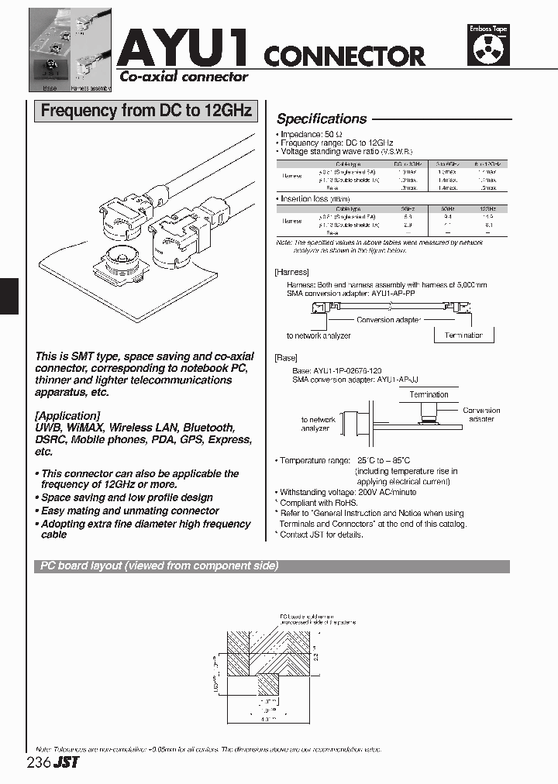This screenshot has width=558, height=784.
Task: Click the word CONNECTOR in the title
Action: click(x=344, y=56)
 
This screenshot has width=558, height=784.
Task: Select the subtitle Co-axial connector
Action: click(x=183, y=77)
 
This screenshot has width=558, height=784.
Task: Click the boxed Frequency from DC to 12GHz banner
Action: click(x=146, y=111)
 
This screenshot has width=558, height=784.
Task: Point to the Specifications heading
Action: click(x=322, y=119)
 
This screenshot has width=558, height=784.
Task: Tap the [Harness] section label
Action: click(x=291, y=272)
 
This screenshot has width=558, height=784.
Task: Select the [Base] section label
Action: click(x=286, y=359)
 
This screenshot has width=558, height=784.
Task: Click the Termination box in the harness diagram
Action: click(x=463, y=335)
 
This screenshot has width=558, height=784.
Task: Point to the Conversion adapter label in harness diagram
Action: click(x=388, y=320)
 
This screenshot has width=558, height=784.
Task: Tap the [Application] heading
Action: click(x=67, y=415)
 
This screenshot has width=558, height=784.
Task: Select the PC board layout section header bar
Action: click(x=271, y=566)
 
